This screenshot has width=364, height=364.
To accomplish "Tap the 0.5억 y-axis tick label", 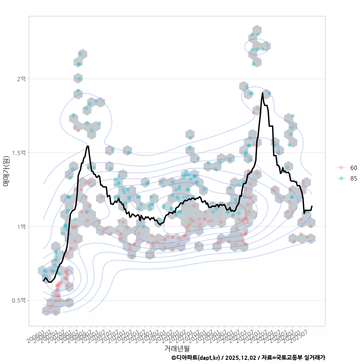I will tap(19, 300).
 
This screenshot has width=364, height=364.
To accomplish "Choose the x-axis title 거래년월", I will tap(177, 348).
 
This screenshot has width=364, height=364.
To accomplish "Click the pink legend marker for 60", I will tap(341, 168).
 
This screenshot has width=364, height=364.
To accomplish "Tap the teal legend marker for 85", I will tap(341, 179).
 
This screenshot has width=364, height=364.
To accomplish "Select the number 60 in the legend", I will tap(354, 168).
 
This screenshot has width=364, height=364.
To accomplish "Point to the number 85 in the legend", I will tap(354, 179).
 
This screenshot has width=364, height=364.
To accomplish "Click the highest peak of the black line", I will tap(262, 93).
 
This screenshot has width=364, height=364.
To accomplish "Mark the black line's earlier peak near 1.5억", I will tap(88, 146).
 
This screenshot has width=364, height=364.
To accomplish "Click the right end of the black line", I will tap(312, 206).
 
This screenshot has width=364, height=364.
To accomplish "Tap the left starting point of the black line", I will tap(43, 281).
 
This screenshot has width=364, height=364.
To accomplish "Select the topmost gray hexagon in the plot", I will tap(257, 31).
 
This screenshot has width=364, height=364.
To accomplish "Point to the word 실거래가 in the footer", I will tap(315, 358).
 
